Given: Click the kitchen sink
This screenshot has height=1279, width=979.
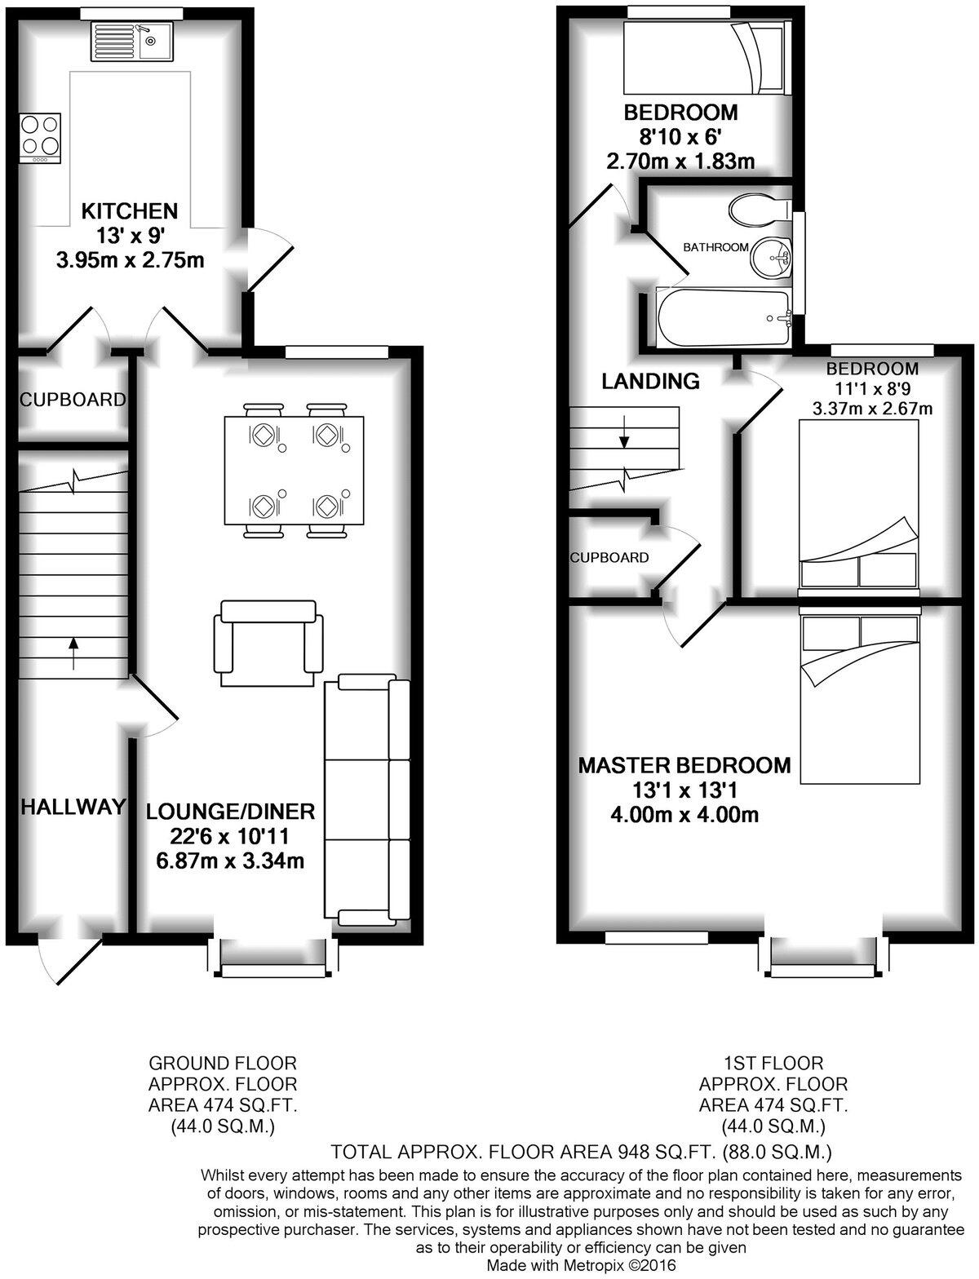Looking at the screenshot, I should coord(131,40).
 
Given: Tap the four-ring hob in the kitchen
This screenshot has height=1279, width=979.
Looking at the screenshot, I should coord(40,136).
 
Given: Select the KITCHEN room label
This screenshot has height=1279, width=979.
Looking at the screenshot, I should coord(129,211).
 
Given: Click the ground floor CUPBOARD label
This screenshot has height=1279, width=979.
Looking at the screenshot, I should coord(73,400).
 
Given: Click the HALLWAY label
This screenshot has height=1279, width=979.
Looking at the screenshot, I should coord(73,807).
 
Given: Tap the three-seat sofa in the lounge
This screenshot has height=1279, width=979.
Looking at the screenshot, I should coord(367,800).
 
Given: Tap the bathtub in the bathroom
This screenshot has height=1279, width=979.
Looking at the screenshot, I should coord(723,317).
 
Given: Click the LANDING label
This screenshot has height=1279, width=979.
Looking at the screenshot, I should coord(650,381).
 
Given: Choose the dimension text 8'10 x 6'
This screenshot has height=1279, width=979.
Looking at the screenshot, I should coord(680,137).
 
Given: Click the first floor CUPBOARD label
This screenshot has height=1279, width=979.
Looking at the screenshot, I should coord(609,558).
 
